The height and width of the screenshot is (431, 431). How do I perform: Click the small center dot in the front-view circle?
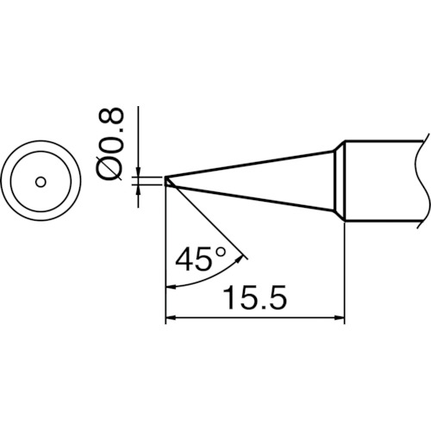40,182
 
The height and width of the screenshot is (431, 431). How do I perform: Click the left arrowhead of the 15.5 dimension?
170,319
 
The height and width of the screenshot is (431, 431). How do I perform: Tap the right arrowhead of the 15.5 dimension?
339,319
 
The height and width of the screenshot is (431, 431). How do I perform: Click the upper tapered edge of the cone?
250,166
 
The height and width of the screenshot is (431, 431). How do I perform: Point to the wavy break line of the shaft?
424,181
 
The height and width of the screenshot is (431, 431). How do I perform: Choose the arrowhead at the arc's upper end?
245,255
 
